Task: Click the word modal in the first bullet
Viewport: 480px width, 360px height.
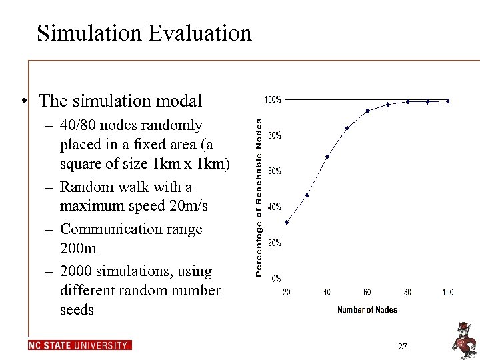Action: [178, 101]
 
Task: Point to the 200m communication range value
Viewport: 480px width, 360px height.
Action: [78, 248]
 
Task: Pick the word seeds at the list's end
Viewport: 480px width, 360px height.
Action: [77, 310]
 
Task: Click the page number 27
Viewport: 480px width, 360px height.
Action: [402, 347]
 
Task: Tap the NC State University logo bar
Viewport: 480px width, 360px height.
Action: [79, 345]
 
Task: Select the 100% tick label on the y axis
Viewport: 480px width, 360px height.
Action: [273, 100]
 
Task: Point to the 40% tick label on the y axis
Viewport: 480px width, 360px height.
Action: [274, 207]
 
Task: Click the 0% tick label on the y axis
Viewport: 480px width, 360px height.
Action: [275, 278]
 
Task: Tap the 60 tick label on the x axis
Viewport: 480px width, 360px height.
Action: [367, 293]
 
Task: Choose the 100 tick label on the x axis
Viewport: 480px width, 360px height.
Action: [447, 293]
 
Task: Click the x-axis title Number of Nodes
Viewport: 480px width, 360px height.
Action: [367, 309]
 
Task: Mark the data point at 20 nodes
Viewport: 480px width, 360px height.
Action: [287, 222]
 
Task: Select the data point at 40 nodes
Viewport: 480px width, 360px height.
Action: [327, 157]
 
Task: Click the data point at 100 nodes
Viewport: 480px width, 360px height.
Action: [448, 101]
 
